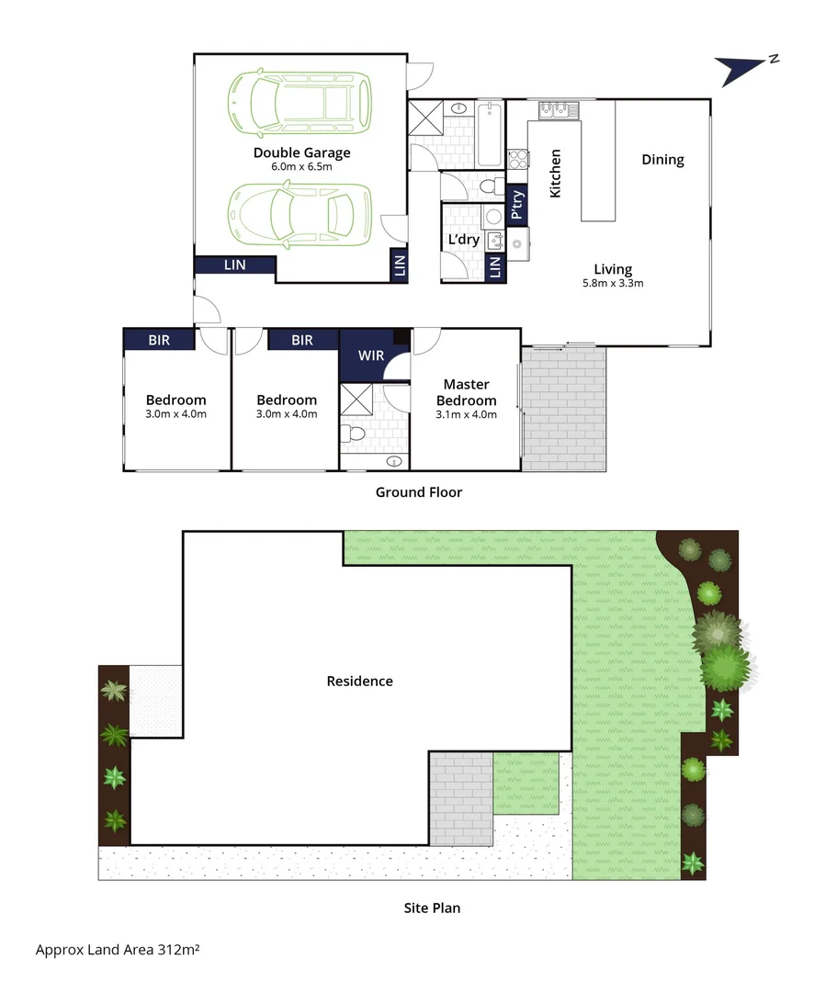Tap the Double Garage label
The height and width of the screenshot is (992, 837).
[x=301, y=152]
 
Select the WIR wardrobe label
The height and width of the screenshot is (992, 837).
[x=370, y=354]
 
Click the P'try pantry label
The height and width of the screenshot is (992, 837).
[x=517, y=205]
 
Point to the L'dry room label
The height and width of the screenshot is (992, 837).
[x=463, y=240]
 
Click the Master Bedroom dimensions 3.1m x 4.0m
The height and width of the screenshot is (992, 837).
[x=466, y=414]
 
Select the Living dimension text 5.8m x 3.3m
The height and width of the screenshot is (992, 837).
[x=612, y=283]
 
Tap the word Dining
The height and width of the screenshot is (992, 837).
[x=662, y=160]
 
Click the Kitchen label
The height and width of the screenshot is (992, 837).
[x=555, y=174]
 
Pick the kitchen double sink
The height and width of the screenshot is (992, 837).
[x=559, y=110]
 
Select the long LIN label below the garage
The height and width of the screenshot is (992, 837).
[x=234, y=265]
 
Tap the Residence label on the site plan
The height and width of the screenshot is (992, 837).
[x=359, y=681]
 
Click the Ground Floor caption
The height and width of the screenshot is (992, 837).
[x=418, y=492]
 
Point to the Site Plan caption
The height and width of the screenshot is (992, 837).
[x=432, y=907]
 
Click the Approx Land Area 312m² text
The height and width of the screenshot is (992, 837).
[x=118, y=949]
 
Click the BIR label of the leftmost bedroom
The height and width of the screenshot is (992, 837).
[x=159, y=340]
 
